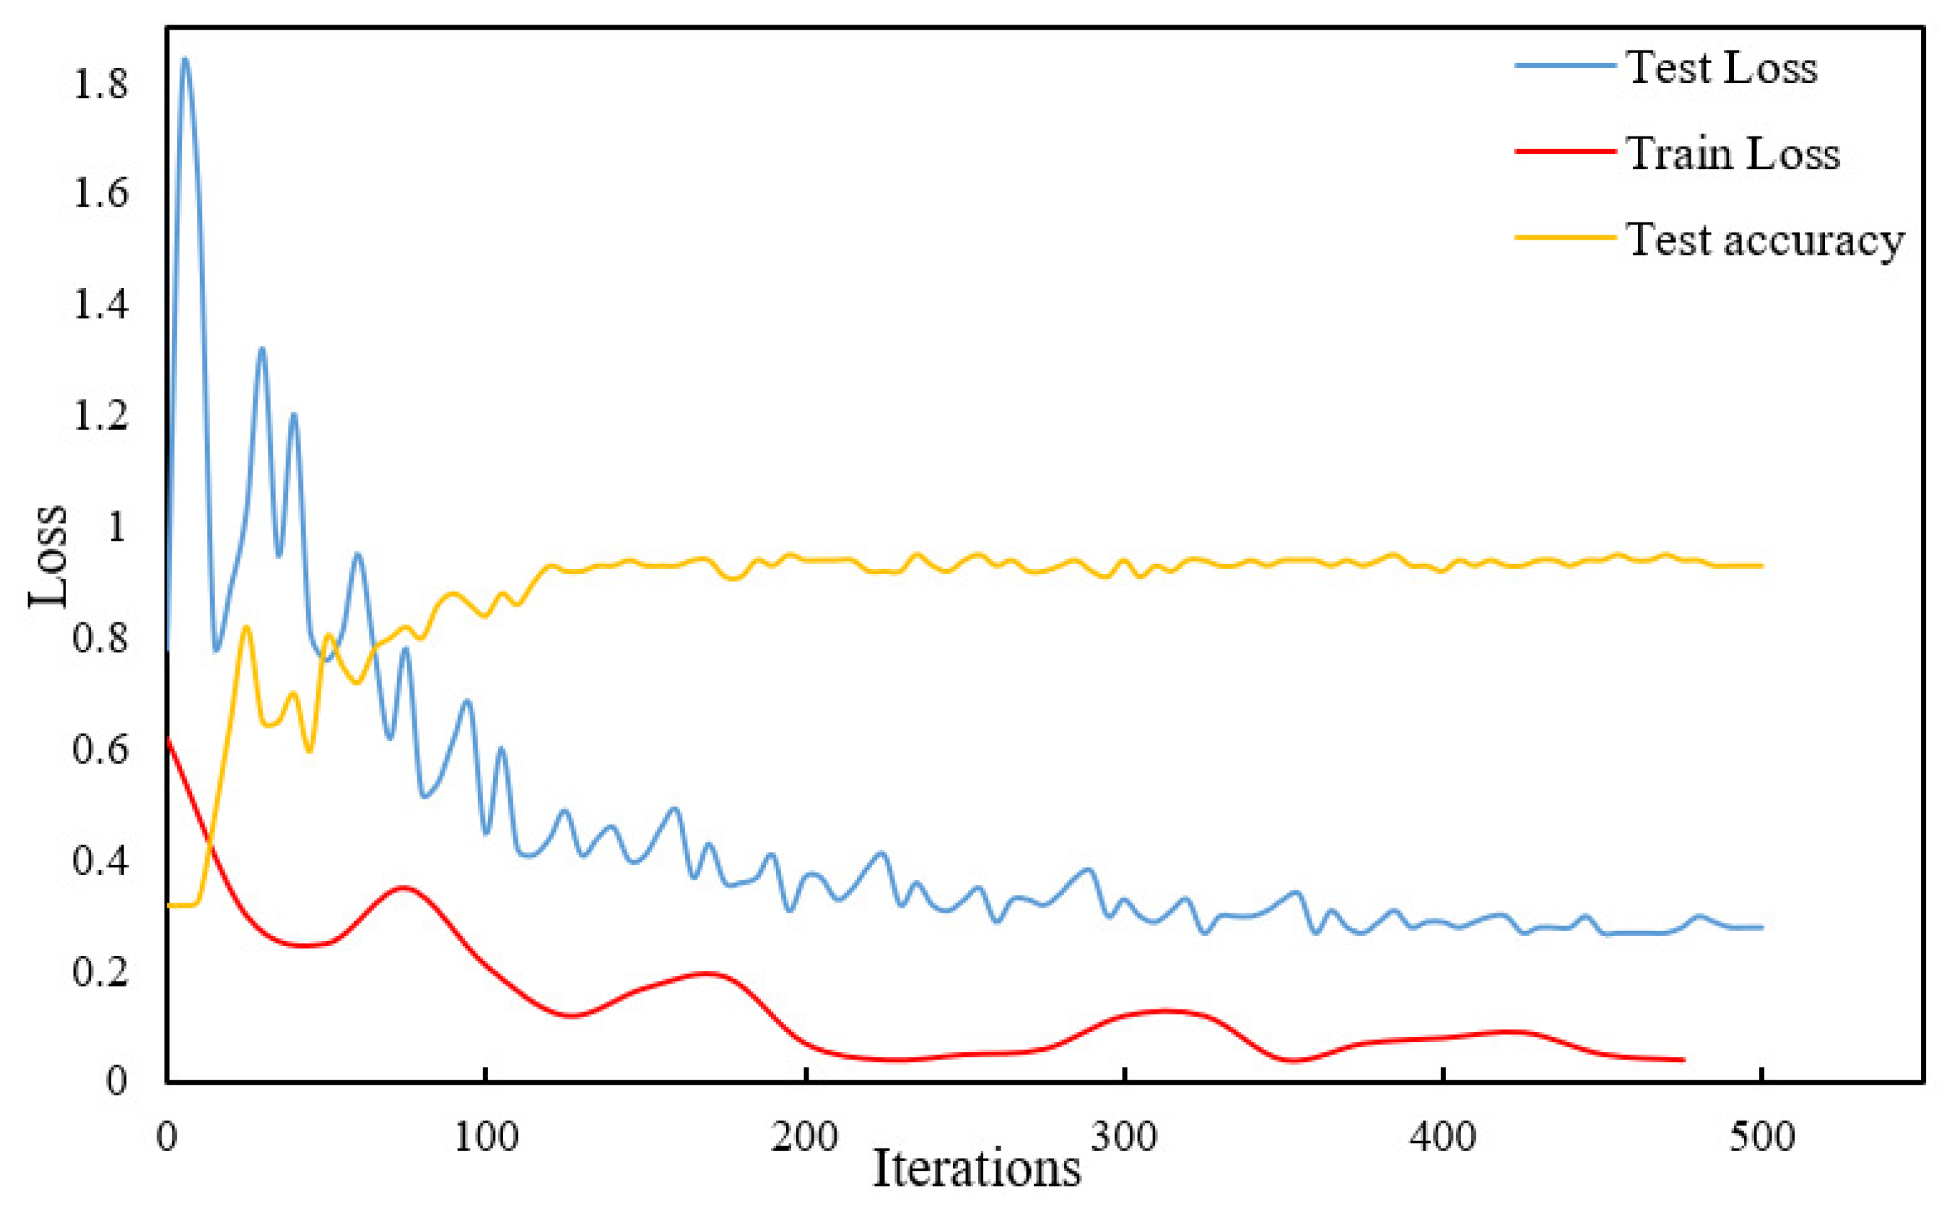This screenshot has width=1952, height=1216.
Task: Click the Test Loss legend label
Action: (x=1722, y=68)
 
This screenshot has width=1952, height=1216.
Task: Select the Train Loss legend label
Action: (x=1733, y=154)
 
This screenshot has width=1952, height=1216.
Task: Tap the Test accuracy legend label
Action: (x=1766, y=240)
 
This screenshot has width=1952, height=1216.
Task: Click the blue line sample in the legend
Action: (x=1564, y=65)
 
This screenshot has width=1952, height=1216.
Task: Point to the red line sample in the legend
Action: (x=1564, y=151)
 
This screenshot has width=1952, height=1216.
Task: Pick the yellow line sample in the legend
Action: (x=1564, y=238)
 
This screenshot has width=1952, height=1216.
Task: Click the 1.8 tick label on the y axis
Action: (x=100, y=84)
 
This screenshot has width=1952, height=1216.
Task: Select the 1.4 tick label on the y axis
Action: (x=100, y=306)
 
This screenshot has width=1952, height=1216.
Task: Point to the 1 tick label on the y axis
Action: (x=116, y=529)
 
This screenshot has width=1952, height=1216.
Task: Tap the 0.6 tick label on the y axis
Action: (x=100, y=750)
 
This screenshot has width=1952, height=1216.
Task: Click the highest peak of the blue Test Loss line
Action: (x=185, y=58)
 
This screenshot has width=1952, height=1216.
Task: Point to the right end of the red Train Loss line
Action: (x=1683, y=1060)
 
